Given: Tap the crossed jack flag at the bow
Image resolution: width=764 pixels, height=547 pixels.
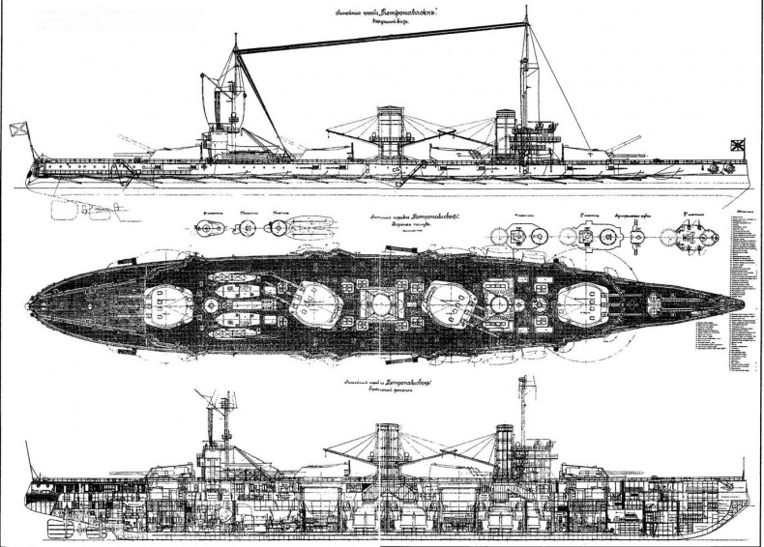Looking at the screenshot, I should coord(739,146).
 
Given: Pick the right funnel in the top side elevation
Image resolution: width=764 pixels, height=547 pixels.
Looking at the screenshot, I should coord(505,128).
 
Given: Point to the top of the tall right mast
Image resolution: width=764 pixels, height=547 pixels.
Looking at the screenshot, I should coord(526,12).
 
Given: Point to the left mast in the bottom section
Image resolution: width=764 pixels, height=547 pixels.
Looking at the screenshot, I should coord(211,425).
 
